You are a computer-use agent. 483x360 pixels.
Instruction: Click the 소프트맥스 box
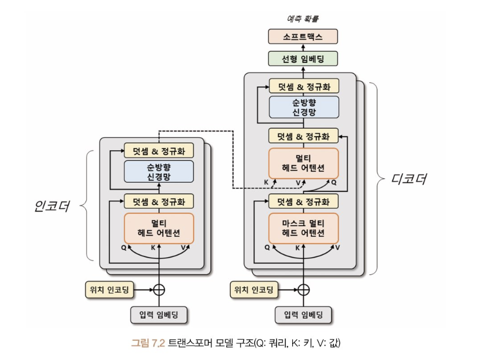[303, 37]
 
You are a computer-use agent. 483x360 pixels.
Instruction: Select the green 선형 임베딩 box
[303, 58]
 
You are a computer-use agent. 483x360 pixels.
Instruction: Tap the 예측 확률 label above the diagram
[302, 19]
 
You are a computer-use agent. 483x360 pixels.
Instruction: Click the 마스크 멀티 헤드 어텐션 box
[303, 228]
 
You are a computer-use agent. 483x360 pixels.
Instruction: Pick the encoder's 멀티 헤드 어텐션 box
[159, 228]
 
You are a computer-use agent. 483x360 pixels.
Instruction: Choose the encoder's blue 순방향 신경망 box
[159, 172]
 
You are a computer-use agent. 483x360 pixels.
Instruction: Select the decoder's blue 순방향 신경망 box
[304, 107]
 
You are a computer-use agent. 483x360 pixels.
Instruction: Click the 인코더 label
[52, 206]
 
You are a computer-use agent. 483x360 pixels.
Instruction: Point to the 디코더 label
[409, 179]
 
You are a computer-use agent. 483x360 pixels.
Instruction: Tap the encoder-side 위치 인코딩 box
[109, 290]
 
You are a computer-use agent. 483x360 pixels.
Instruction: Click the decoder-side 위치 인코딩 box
[254, 290]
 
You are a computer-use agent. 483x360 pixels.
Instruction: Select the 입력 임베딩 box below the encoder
[159, 315]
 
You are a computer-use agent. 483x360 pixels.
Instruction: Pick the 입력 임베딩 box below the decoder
[303, 315]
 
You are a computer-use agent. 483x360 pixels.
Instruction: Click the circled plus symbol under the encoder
[159, 290]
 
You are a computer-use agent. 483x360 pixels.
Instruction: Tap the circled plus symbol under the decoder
[303, 290]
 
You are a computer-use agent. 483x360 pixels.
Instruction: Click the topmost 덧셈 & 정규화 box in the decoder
[304, 86]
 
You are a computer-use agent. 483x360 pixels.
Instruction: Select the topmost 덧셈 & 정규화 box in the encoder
[159, 150]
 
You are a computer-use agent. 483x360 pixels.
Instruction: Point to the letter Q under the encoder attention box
[123, 247]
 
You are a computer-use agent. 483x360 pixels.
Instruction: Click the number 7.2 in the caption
[158, 343]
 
